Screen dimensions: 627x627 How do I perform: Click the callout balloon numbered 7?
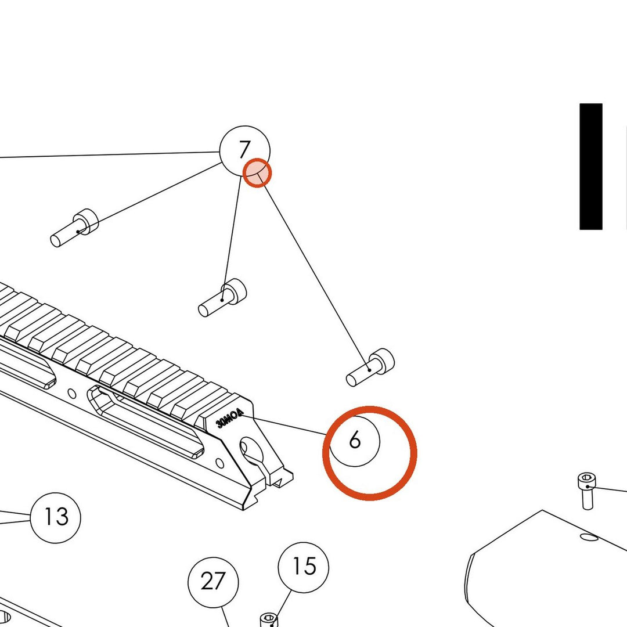point(245,151)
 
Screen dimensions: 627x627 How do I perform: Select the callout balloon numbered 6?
point(354,441)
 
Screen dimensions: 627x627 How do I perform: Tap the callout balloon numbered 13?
point(56,517)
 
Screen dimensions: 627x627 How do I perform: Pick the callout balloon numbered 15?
point(304,567)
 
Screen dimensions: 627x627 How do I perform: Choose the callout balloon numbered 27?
point(213,582)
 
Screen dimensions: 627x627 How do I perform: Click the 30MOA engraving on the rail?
point(229,418)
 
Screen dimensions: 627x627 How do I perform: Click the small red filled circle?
point(257,173)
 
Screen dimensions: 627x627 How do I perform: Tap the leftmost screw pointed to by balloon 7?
point(74,228)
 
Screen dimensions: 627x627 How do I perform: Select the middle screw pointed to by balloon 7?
point(222,298)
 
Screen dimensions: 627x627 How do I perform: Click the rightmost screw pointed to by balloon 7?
point(370,367)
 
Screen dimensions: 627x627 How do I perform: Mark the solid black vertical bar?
point(590,167)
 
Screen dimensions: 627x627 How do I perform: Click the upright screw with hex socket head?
point(586,491)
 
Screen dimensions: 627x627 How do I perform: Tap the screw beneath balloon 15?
point(269,620)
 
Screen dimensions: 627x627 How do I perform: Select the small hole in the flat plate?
point(589,537)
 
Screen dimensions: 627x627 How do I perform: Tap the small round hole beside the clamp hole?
point(219,463)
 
